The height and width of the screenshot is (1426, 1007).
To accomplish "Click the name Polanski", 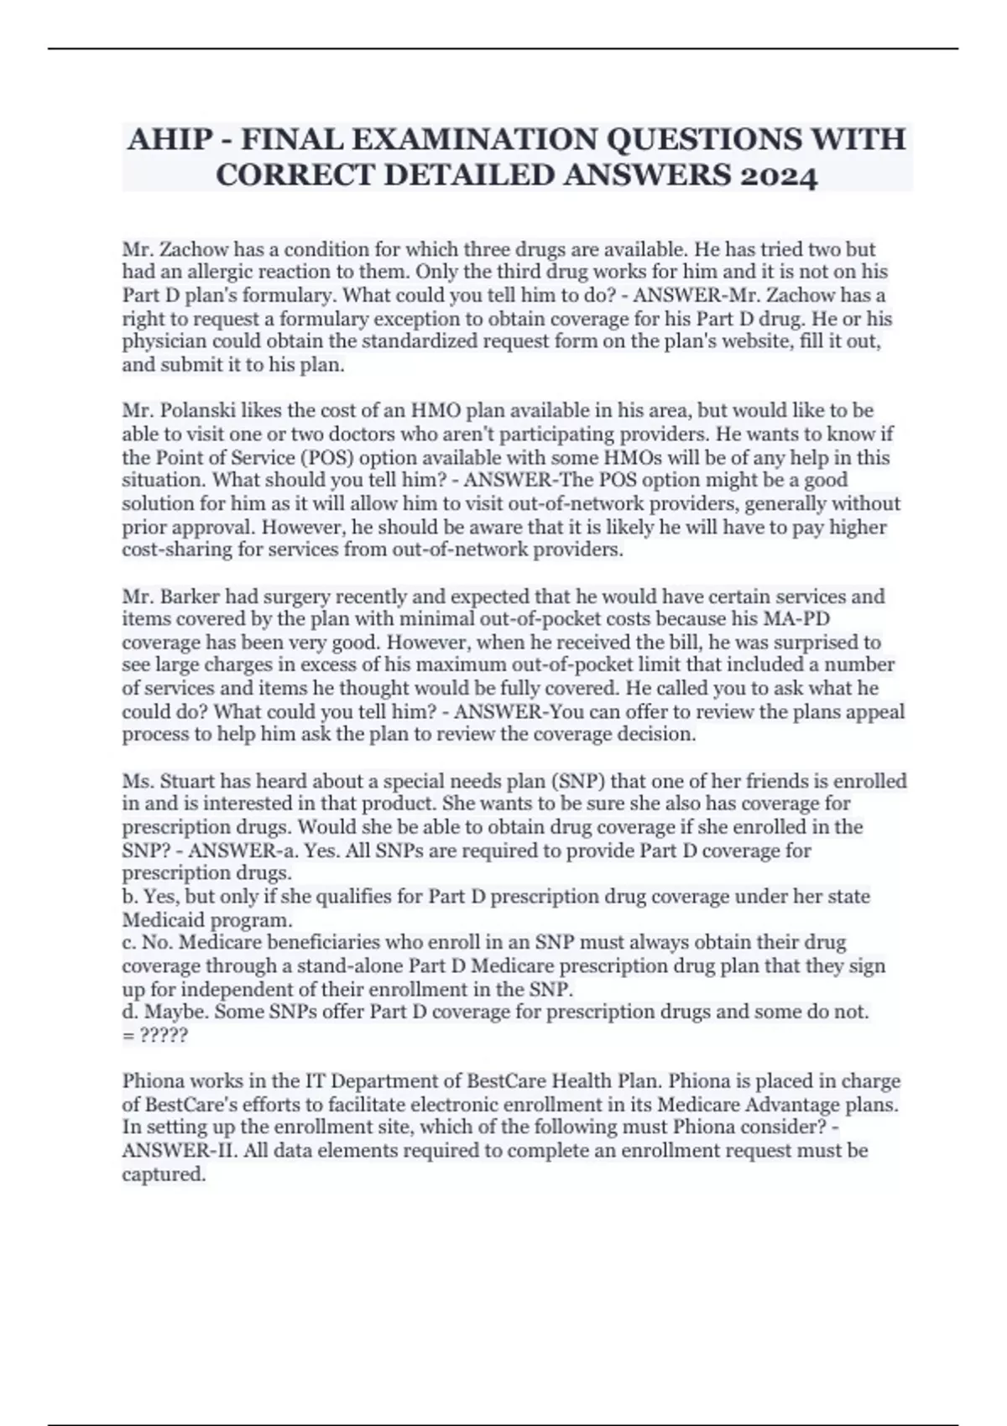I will point(197,411).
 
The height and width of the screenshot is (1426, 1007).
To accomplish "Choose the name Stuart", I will point(190,781).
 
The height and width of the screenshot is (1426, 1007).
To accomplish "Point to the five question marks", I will point(164,1035).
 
